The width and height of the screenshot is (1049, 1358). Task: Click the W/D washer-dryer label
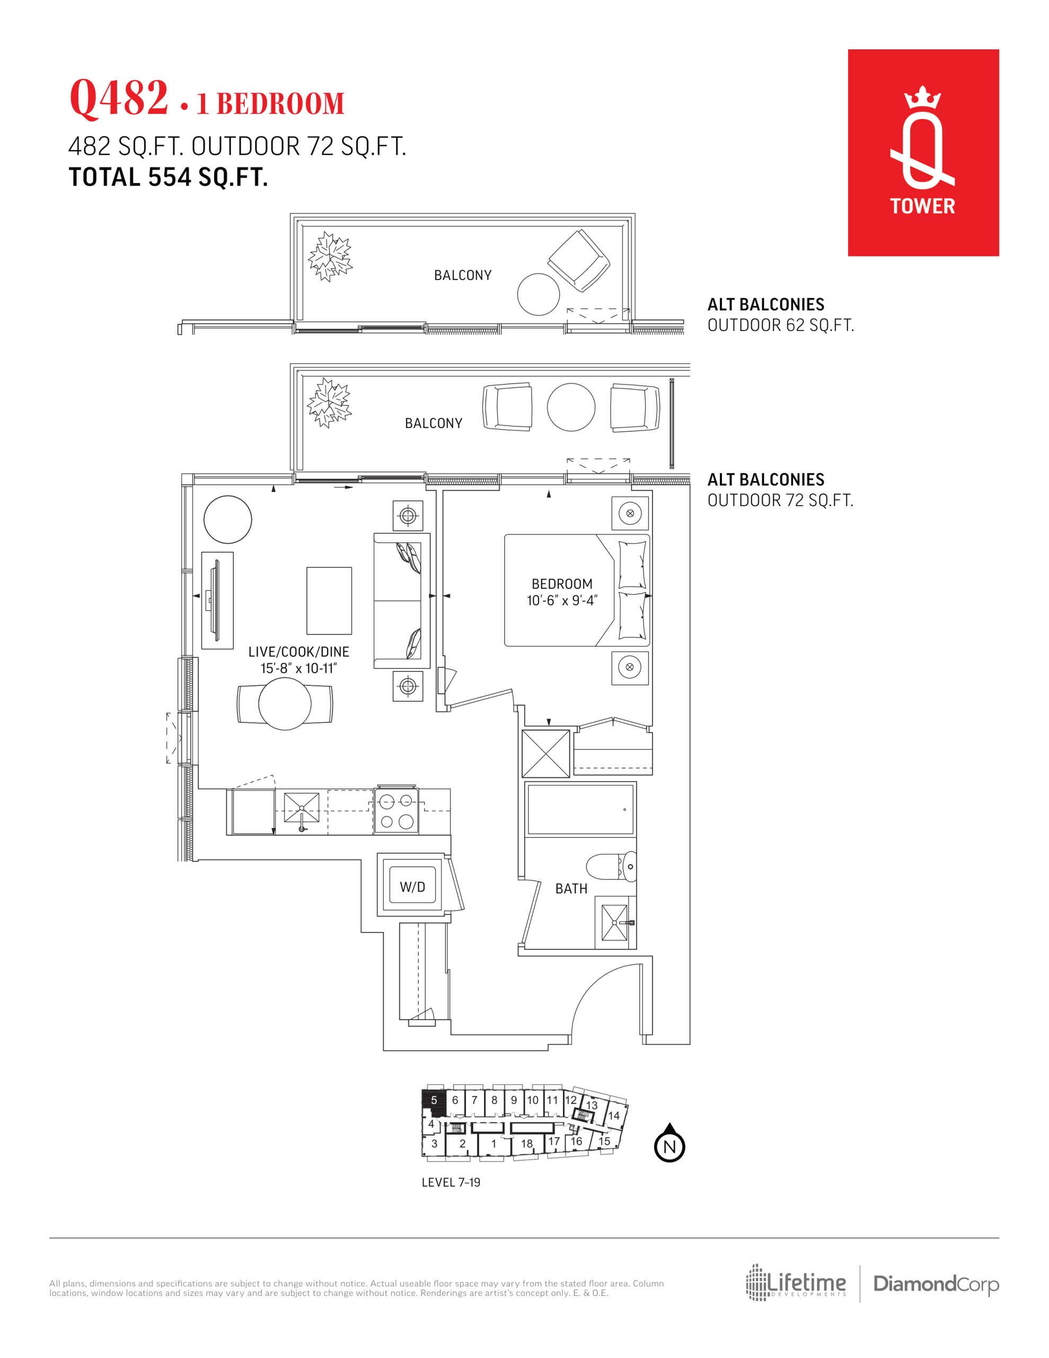click(412, 887)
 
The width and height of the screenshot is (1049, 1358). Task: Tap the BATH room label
click(571, 889)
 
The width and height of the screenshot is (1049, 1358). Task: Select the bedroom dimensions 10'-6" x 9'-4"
click(562, 600)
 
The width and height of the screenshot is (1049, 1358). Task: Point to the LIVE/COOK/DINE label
click(298, 651)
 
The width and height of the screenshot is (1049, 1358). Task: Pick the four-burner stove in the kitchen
click(396, 811)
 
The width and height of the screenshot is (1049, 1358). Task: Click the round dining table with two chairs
click(285, 703)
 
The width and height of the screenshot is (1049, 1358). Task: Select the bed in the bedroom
click(577, 590)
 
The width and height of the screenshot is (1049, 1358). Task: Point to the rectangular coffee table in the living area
click(329, 599)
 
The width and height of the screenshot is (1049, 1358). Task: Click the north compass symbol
click(669, 1143)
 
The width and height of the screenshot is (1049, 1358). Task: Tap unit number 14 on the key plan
click(614, 1116)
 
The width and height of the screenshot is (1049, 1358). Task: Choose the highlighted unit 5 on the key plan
click(434, 1099)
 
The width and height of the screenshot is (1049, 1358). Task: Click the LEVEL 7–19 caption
click(451, 1182)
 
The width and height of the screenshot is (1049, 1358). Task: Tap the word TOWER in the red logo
click(923, 206)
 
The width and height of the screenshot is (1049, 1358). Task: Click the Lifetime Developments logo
click(796, 1283)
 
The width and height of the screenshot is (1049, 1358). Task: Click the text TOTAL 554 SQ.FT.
click(169, 177)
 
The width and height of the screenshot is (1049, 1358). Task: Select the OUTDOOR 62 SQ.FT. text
click(781, 325)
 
